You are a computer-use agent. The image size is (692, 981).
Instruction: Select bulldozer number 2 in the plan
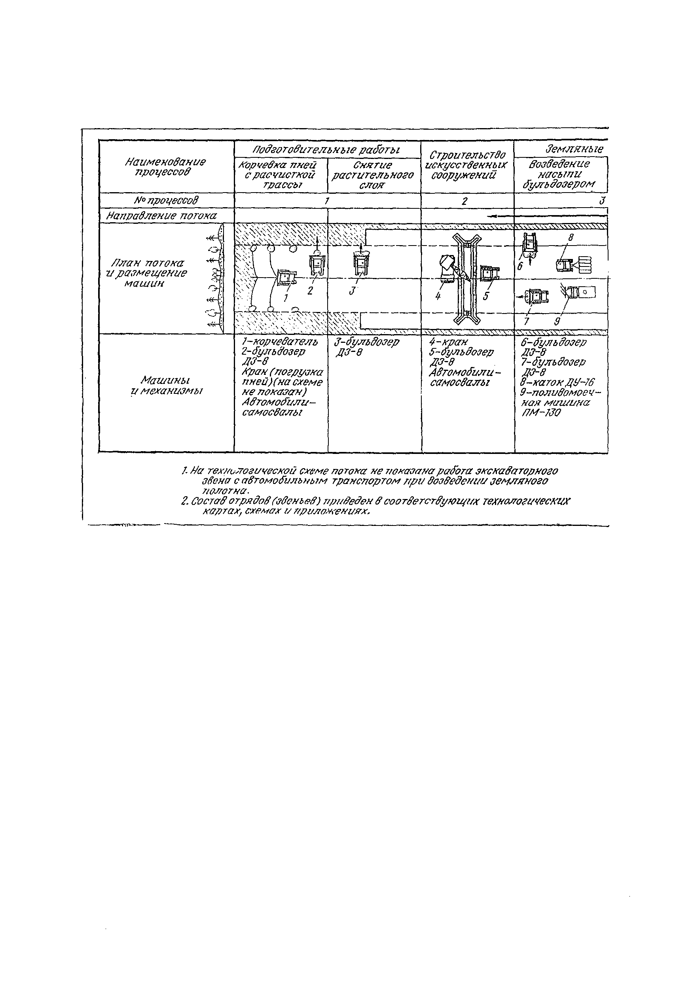pos(318,265)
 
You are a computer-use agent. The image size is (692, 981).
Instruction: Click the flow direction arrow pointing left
pos(547,216)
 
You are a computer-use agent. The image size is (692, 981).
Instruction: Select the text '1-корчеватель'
pos(280,342)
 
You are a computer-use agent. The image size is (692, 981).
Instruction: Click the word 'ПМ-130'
pos(541,413)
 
